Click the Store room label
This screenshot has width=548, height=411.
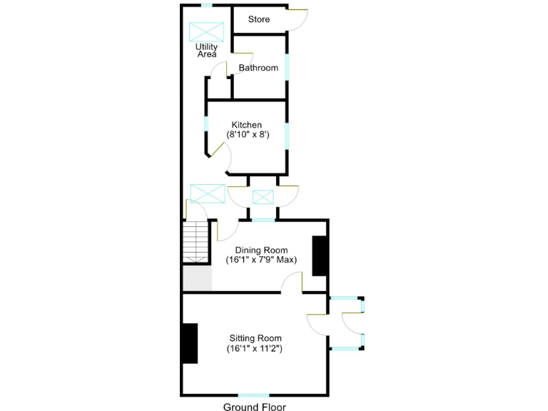pos(259,19)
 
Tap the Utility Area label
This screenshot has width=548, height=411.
pos(207,51)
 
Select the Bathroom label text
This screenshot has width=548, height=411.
pos(258,68)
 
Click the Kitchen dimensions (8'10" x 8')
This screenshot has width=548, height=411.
pos(248,134)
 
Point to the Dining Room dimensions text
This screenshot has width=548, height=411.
pos(261,260)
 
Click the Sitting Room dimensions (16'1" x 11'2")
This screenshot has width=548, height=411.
pos(255,349)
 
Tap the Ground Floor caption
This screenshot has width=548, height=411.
pos(254,407)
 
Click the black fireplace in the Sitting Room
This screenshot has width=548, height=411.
pos(189,344)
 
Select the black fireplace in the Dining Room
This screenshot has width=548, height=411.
pos(320,255)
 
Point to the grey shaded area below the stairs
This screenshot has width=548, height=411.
pos(197,278)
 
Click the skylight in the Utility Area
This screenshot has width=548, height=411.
pos(207,32)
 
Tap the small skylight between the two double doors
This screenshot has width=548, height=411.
pos(263,196)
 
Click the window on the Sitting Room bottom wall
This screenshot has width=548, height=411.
pos(253,395)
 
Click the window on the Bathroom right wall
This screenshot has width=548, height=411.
pos(288,67)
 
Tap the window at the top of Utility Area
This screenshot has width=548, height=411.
pos(206,6)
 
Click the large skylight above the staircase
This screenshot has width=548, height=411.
pos(208,193)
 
